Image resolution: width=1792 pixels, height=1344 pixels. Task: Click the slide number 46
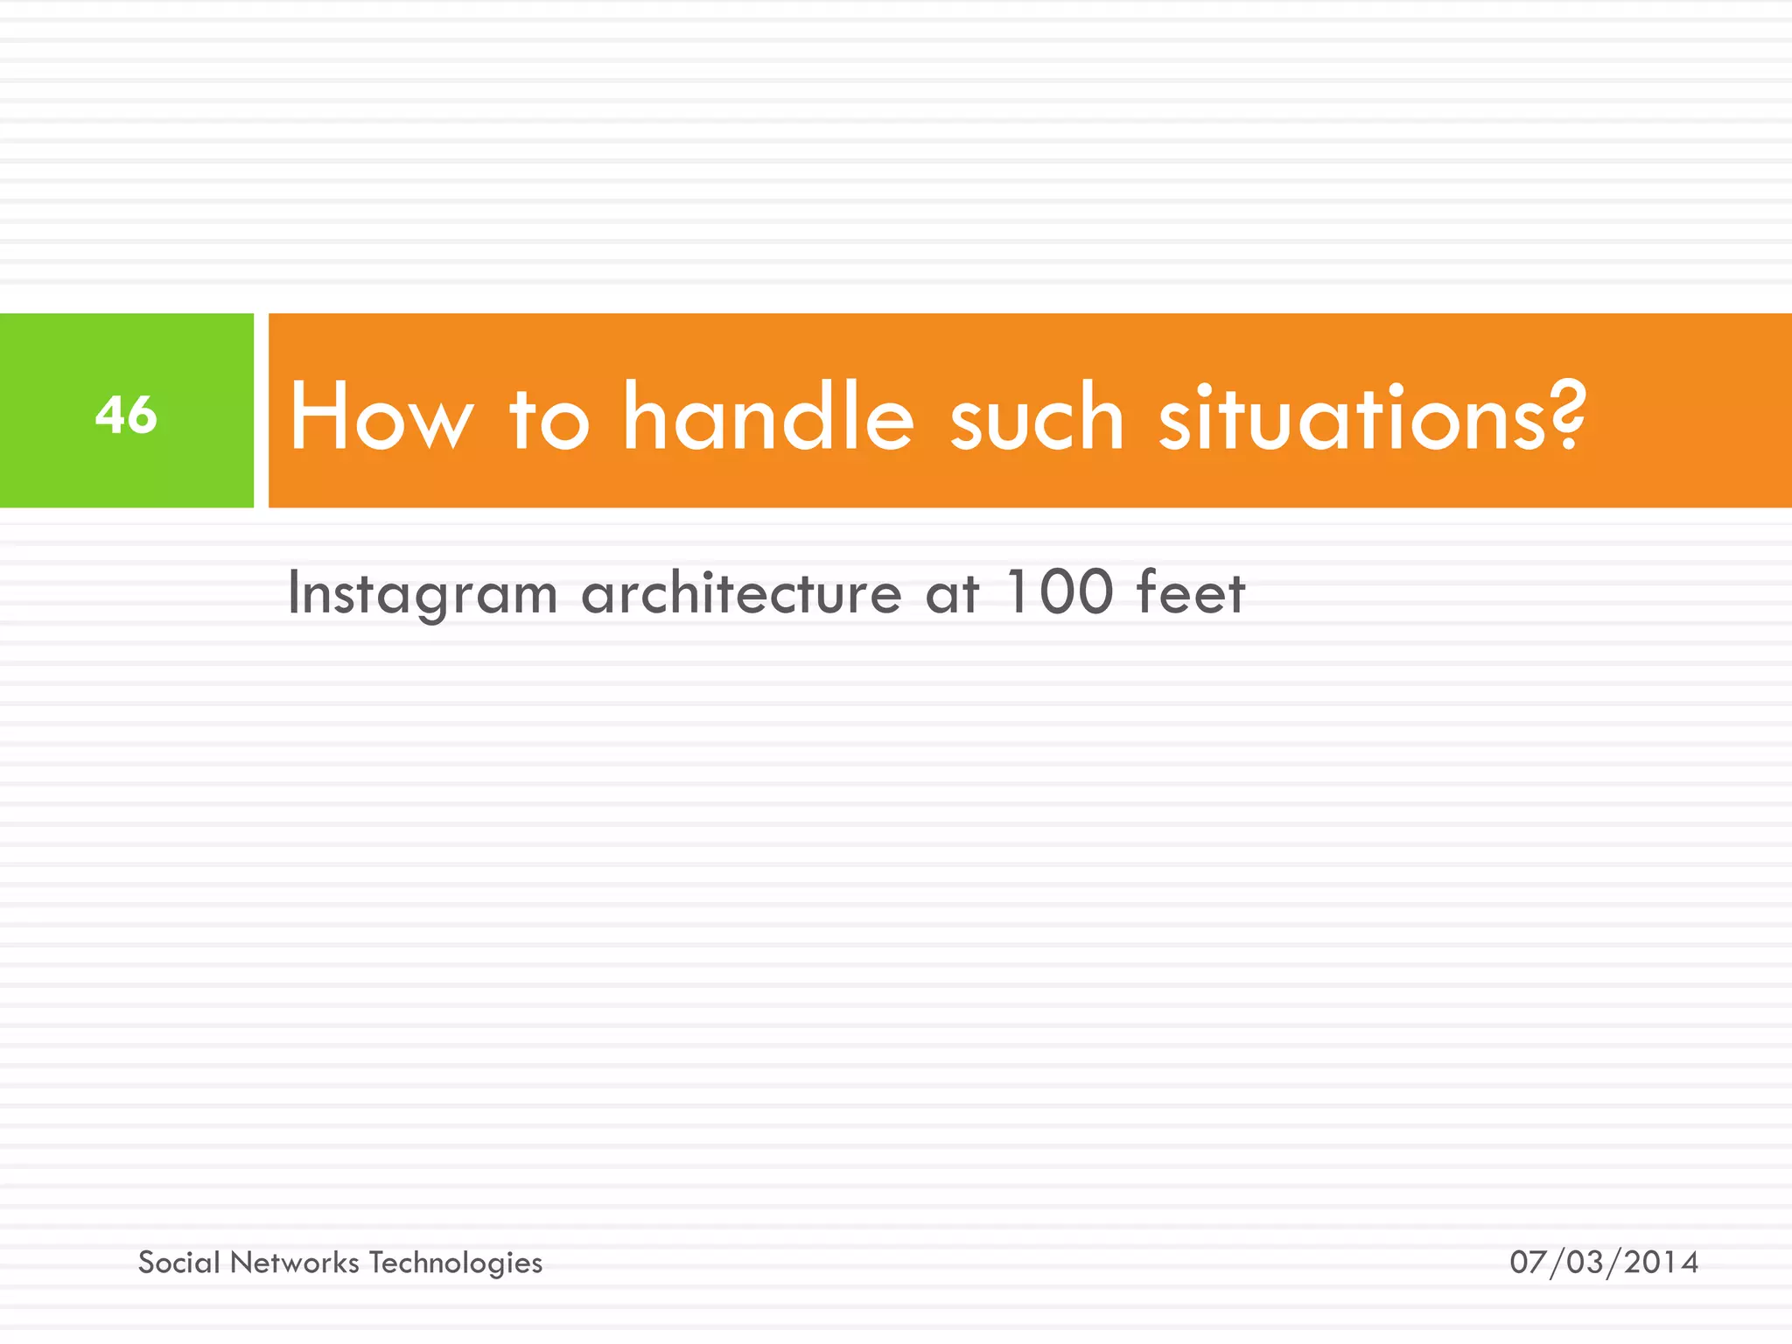[126, 414]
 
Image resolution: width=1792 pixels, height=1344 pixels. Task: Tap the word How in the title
[381, 417]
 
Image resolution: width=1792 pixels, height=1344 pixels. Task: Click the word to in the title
[549, 419]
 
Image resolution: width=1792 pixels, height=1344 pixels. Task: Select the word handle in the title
[768, 417]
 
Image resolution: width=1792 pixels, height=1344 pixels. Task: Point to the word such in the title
[1036, 419]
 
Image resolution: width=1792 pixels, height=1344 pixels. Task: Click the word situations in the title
[1353, 419]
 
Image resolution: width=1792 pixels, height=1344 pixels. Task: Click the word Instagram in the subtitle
[423, 594]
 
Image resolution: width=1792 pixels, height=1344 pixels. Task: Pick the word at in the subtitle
[951, 594]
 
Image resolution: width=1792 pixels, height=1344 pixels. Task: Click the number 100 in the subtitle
[1059, 591]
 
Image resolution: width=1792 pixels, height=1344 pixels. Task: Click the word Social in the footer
[179, 1263]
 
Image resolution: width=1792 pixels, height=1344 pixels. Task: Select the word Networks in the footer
[295, 1263]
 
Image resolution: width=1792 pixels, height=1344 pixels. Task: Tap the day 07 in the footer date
[1528, 1263]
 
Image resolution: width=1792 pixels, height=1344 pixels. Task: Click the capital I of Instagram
[294, 592]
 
